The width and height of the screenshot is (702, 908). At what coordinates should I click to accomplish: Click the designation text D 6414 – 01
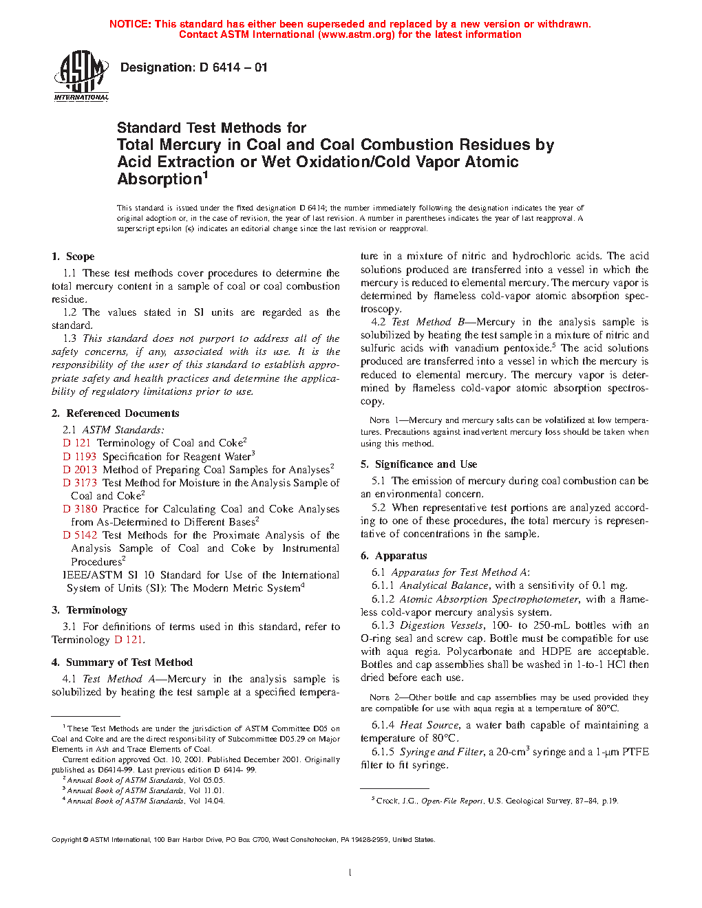pyautogui.click(x=193, y=67)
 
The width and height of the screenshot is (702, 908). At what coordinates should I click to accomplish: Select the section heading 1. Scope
pyautogui.click(x=73, y=257)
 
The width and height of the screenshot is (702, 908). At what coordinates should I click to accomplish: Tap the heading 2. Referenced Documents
pyautogui.click(x=115, y=413)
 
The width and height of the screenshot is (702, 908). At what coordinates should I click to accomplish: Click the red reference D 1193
pyautogui.click(x=80, y=457)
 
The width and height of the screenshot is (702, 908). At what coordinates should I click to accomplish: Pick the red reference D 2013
pyautogui.click(x=80, y=470)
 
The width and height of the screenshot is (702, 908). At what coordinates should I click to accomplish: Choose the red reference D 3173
pyautogui.click(x=80, y=483)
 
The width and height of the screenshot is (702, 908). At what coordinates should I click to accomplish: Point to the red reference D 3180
pyautogui.click(x=80, y=509)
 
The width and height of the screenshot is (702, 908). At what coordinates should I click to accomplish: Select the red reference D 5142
pyautogui.click(x=80, y=535)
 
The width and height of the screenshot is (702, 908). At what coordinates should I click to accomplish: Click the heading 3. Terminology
pyautogui.click(x=89, y=610)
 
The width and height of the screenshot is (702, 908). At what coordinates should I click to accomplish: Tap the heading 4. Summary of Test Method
pyautogui.click(x=122, y=662)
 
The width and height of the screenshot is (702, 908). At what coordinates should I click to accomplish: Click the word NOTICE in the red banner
pyautogui.click(x=130, y=24)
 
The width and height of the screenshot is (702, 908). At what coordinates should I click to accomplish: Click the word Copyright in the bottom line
pyautogui.click(x=67, y=840)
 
